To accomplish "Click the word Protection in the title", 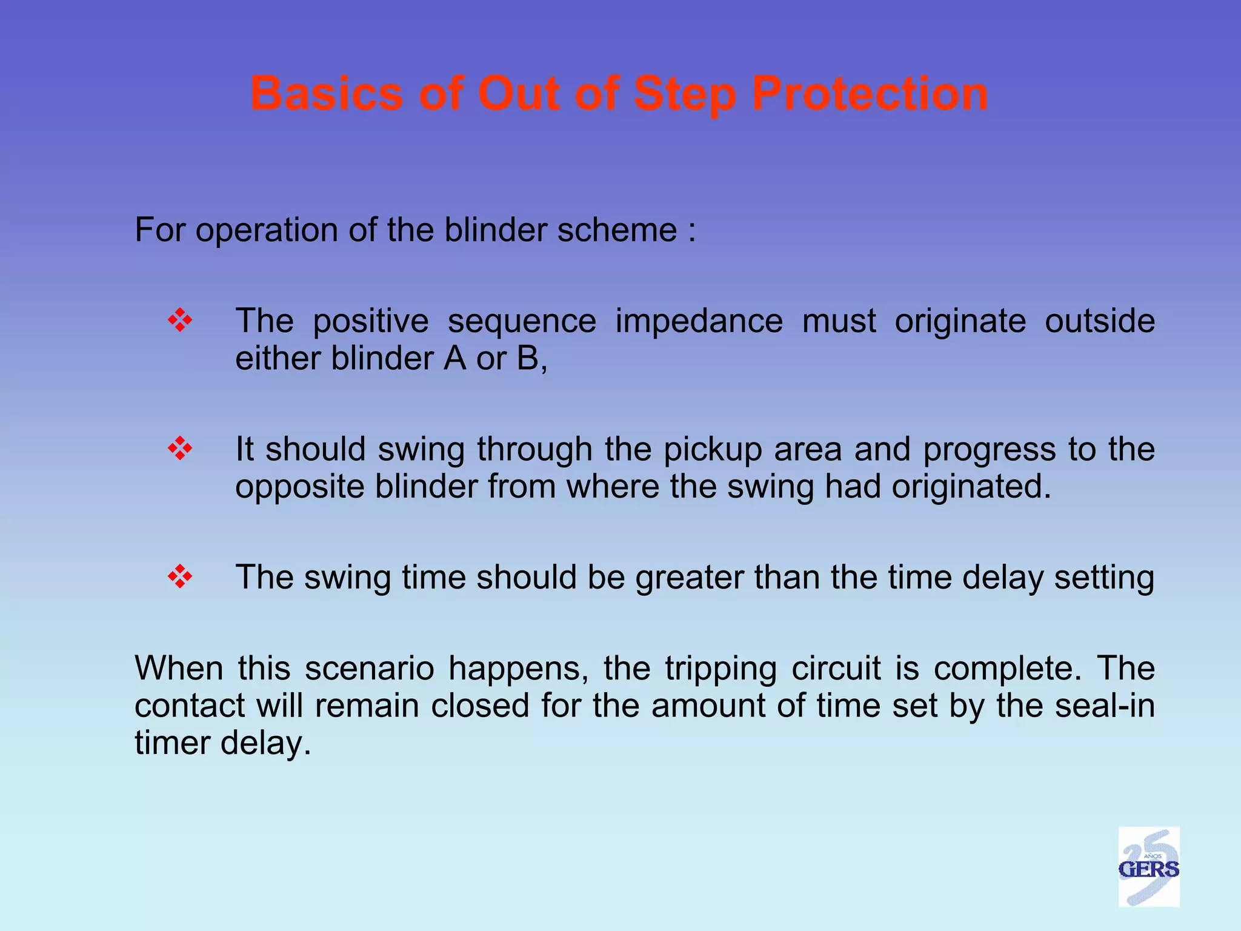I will [870, 94].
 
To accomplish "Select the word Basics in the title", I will [327, 94].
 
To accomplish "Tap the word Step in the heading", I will [684, 94].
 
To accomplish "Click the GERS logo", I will [1148, 867].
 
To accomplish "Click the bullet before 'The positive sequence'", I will [180, 320].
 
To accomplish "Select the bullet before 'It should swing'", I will [180, 449].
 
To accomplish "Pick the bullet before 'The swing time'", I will [180, 576].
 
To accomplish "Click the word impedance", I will [699, 321].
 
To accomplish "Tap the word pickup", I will [712, 450].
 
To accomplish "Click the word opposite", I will [299, 487].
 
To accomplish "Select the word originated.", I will [971, 487].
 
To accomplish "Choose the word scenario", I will [369, 669].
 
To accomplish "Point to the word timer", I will [172, 743].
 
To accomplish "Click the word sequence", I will [522, 321].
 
